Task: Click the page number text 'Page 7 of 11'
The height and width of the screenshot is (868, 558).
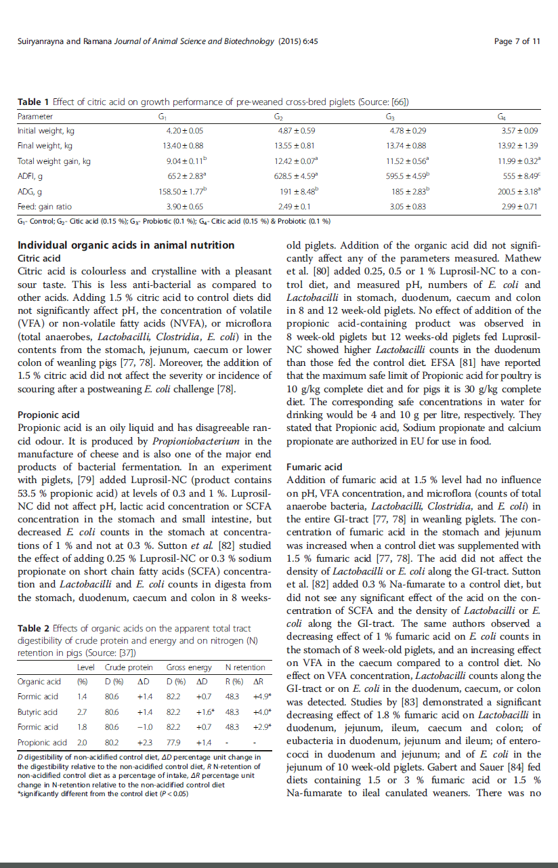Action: tap(517, 41)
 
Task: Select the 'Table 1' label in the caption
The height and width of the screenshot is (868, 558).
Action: tap(33, 102)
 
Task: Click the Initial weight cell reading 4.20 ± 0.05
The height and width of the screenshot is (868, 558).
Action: tap(184, 131)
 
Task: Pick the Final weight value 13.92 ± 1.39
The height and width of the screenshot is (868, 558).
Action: tap(518, 146)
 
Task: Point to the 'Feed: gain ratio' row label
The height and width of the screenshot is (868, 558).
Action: tap(45, 206)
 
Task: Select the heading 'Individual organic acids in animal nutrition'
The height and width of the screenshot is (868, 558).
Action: tap(126, 245)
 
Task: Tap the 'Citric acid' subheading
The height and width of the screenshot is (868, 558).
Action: tap(39, 259)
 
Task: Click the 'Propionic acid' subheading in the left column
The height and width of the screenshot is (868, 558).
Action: tap(48, 415)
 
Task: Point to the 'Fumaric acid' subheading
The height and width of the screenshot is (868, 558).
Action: tap(314, 467)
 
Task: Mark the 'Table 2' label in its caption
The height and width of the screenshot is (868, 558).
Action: tap(33, 628)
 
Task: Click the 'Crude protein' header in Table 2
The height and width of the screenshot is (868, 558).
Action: tap(128, 667)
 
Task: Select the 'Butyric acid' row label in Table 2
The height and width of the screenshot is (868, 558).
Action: tap(38, 712)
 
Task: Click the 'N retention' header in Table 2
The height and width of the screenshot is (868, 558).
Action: tap(244, 667)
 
